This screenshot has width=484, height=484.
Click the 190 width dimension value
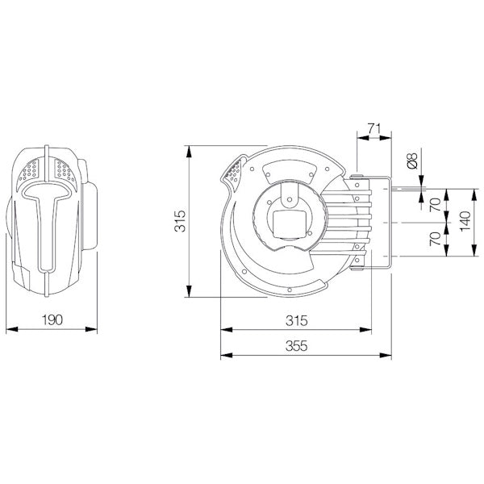(x=51, y=320)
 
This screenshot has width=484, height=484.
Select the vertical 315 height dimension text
(x=181, y=220)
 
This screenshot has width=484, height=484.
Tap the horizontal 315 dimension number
(x=296, y=320)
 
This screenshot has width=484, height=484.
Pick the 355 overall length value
(x=296, y=346)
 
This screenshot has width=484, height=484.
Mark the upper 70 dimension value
(x=435, y=205)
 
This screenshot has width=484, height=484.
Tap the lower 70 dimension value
(x=435, y=240)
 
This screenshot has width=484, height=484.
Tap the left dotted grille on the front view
(x=33, y=169)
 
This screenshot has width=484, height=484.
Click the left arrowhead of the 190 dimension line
(x=9, y=329)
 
